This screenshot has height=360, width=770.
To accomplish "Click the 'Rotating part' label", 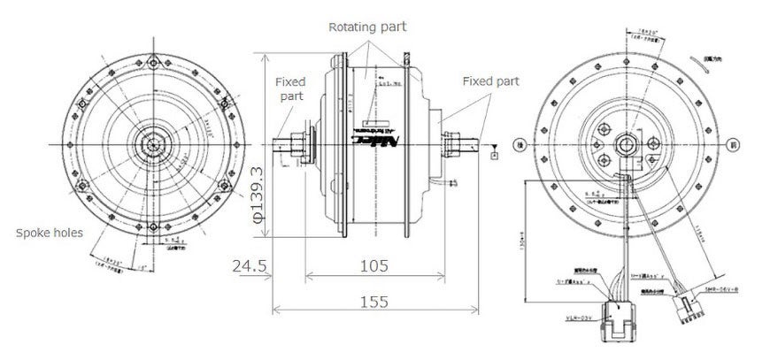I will point(367,27).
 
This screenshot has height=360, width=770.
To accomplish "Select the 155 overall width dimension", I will point(373,302).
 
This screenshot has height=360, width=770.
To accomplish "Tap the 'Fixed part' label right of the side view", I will point(489,81).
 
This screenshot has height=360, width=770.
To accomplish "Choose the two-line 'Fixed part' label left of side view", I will point(289,87).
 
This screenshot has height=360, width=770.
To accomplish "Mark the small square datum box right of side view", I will point(493,156).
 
